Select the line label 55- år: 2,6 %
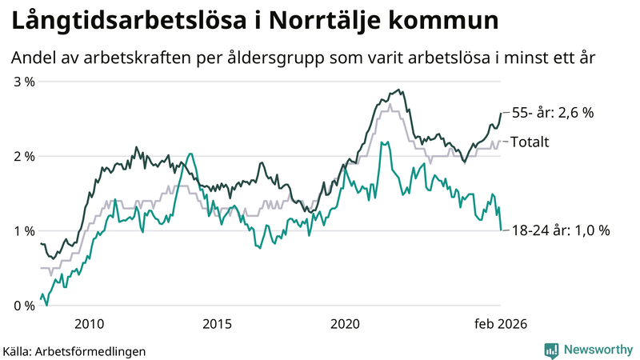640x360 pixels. click(552, 113)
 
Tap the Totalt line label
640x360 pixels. click(530, 142)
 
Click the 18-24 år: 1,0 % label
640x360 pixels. click(560, 230)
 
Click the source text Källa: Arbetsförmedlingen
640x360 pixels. click(74, 350)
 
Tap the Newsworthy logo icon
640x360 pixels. click(551, 350)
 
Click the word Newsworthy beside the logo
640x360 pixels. click(598, 350)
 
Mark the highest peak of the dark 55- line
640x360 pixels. click(399, 90)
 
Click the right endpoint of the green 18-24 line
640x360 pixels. click(501, 230)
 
